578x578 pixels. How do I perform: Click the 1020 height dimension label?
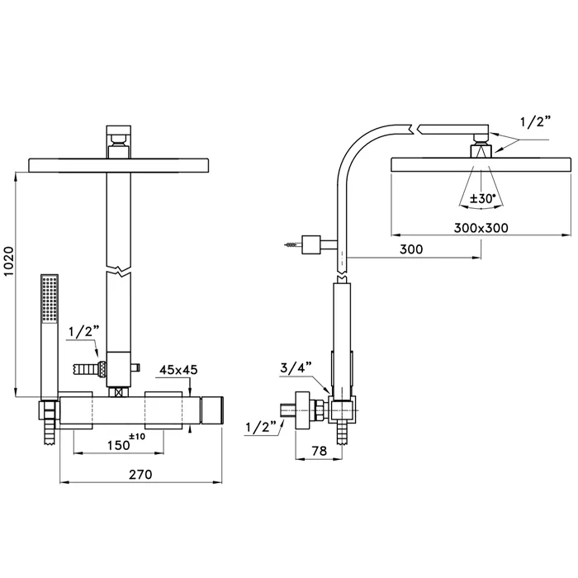coord(8,261)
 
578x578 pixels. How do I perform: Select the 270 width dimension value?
coord(140,475)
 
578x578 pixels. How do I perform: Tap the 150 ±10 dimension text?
coord(126,442)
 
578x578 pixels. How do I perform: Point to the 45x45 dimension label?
coord(178,370)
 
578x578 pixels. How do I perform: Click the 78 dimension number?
coord(320,451)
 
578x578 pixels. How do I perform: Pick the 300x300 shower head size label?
coord(481,228)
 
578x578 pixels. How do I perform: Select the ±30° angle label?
coord(481,199)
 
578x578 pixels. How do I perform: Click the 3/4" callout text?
coord(296,367)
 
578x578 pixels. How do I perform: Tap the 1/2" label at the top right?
coord(536,121)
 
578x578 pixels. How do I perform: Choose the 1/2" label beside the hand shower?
coord(84,332)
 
